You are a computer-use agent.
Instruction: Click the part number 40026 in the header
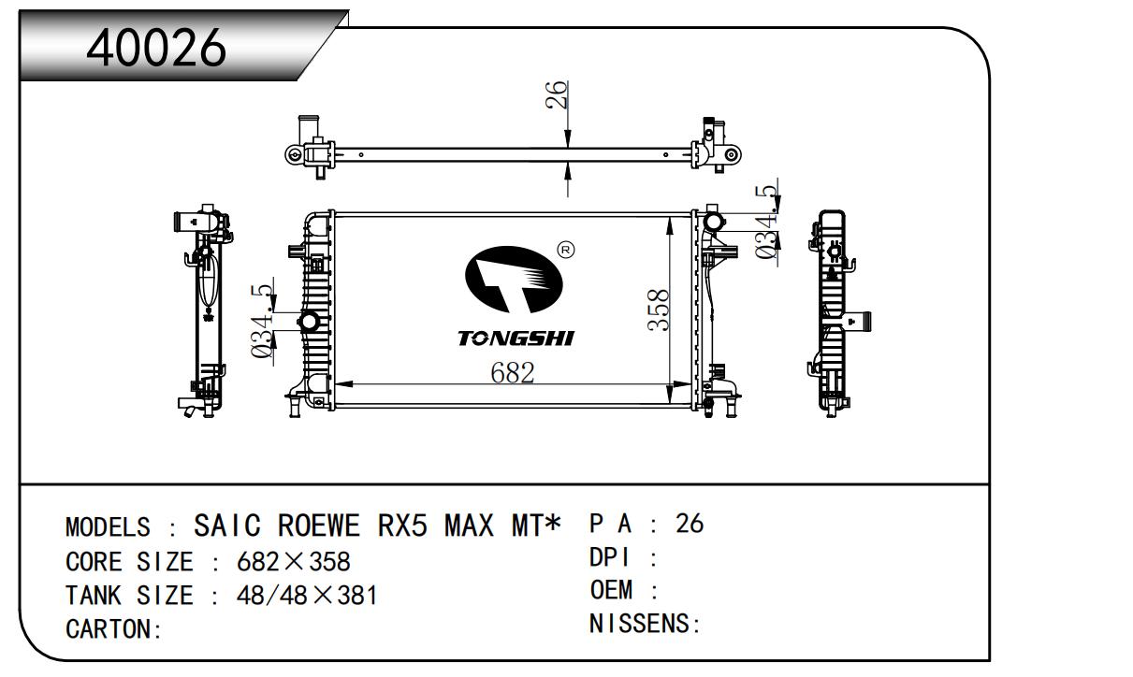156,46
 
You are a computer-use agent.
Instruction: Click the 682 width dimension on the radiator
513,372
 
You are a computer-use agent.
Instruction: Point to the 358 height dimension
659,310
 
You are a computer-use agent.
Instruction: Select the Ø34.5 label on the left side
263,323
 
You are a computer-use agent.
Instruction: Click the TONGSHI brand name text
516,338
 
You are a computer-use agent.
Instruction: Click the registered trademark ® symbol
565,250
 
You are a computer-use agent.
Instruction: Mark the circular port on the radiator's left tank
308,323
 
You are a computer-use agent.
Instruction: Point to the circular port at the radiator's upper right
716,222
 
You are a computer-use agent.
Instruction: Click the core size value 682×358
294,562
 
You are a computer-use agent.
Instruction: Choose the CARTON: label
114,629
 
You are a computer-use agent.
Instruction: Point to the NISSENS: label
646,624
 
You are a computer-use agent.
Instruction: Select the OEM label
612,590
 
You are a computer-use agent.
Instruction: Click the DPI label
611,557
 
